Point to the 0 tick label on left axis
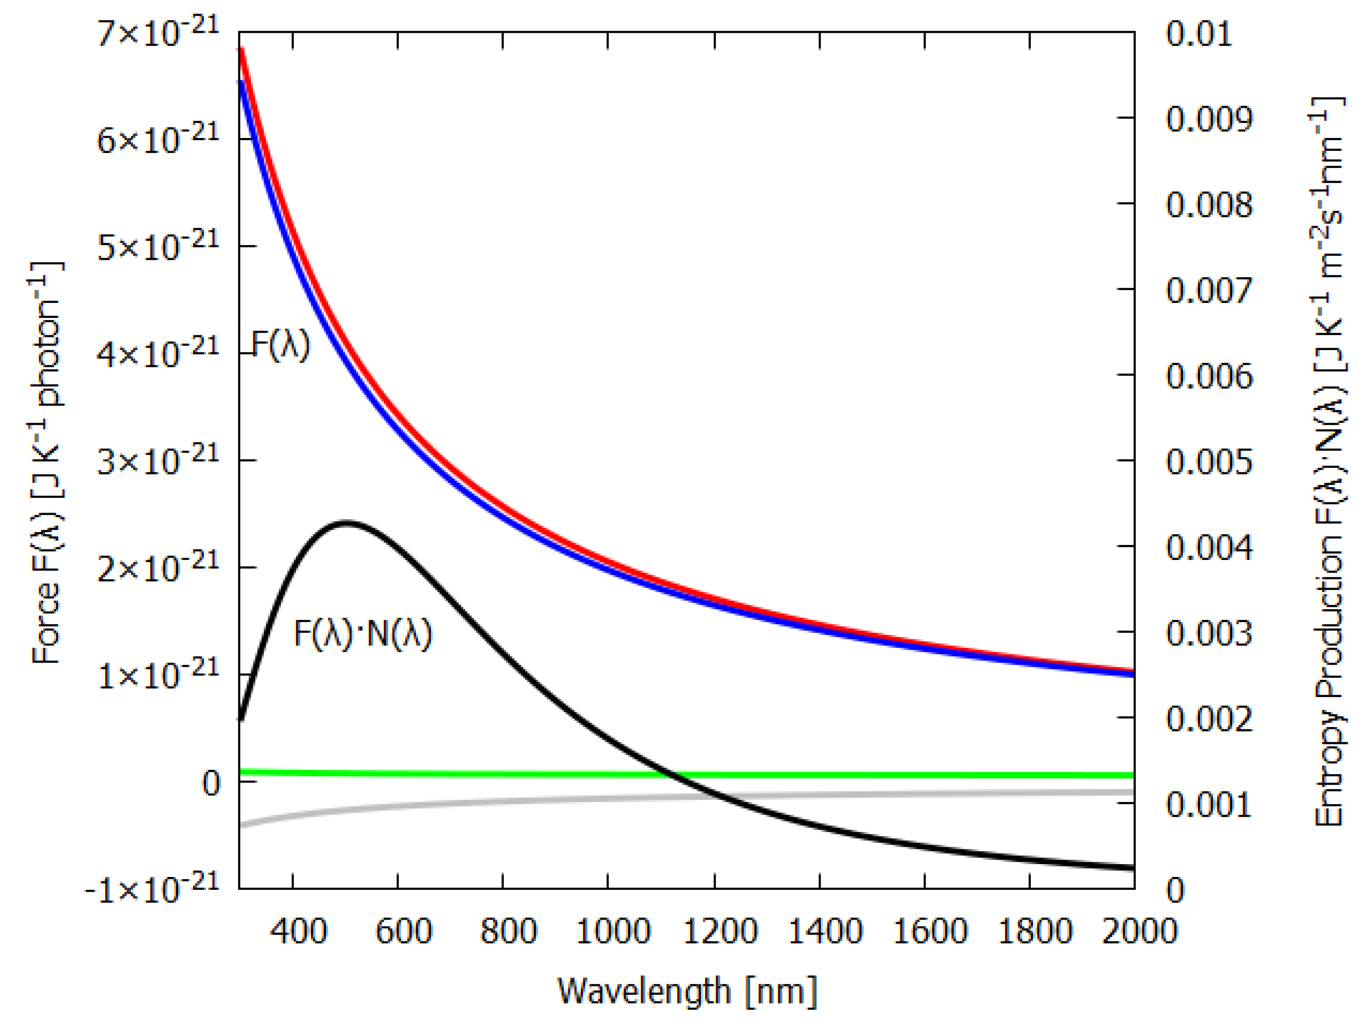click(211, 784)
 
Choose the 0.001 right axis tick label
click(1209, 804)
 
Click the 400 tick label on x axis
click(298, 930)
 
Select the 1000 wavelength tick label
click(613, 930)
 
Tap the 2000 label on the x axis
click(1139, 930)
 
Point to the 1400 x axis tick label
click(825, 930)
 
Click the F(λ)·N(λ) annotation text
click(363, 634)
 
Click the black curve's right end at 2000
click(1133, 867)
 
